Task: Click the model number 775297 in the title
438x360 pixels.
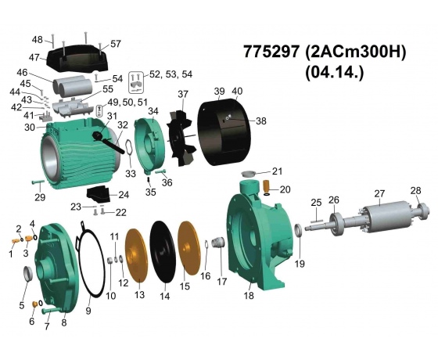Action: (x=271, y=52)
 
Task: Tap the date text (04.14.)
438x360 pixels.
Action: (x=335, y=73)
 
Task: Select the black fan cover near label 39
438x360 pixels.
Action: (x=225, y=132)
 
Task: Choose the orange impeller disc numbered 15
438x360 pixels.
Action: (x=189, y=248)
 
